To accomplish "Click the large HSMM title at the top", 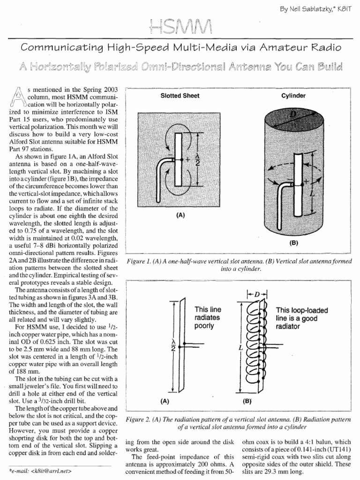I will click(180, 28).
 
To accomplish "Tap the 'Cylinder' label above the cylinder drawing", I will click(293, 96).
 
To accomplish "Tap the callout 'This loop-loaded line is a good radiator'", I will click(302, 317).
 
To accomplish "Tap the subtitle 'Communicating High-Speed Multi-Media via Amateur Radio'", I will click(180, 47).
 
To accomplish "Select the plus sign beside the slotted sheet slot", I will click(187, 159).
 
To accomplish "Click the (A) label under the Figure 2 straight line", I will click(165, 401).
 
